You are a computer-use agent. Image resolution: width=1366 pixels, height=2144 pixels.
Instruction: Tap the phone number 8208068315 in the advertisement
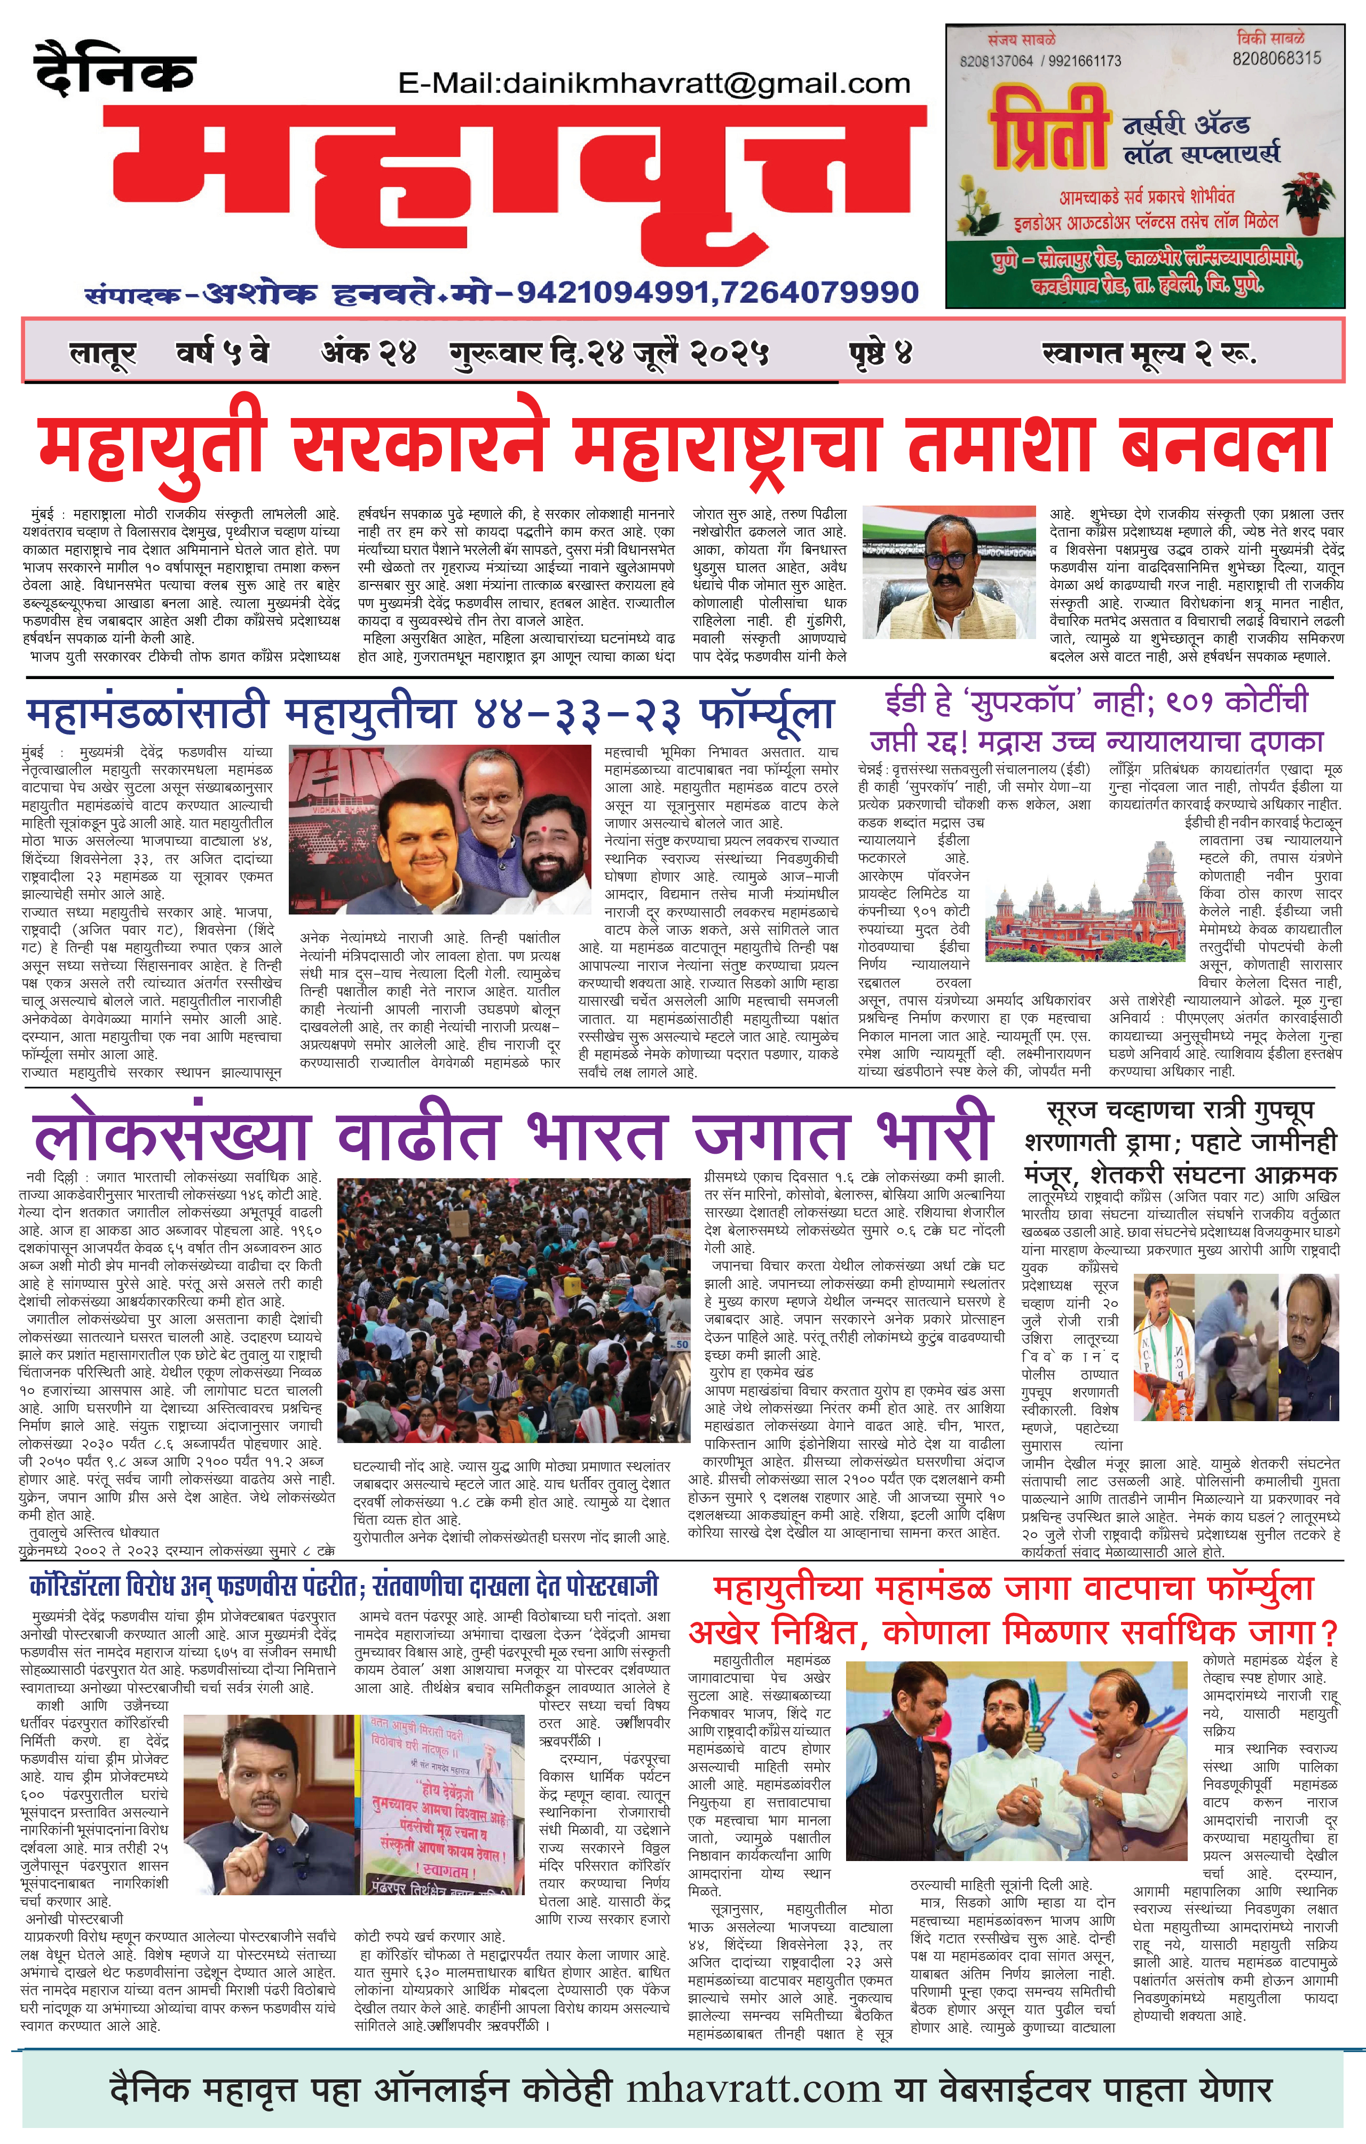(1276, 59)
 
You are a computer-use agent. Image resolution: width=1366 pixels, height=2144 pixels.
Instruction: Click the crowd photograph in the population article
(514, 1310)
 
